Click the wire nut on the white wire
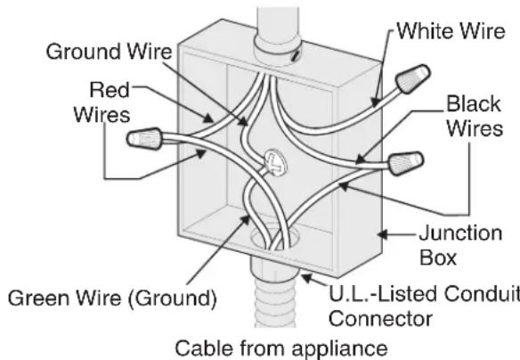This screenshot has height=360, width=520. tap(412, 79)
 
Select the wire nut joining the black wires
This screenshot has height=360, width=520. tap(406, 163)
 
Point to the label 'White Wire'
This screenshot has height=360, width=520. tap(451, 31)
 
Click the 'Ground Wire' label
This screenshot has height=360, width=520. tap(110, 52)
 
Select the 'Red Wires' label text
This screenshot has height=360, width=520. tap(102, 102)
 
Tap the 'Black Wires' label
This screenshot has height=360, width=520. tap(475, 116)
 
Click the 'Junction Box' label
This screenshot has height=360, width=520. tap(460, 245)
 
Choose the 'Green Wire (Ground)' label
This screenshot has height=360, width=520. tap(112, 298)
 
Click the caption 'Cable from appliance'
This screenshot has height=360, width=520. tap(281, 348)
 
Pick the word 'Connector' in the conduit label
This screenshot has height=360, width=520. tap(380, 318)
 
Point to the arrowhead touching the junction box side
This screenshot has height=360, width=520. tap(383, 234)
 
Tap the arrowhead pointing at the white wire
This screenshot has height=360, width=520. tap(375, 102)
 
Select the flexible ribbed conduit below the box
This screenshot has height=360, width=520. tap(274, 304)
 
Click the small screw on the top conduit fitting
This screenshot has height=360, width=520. tap(295, 56)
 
